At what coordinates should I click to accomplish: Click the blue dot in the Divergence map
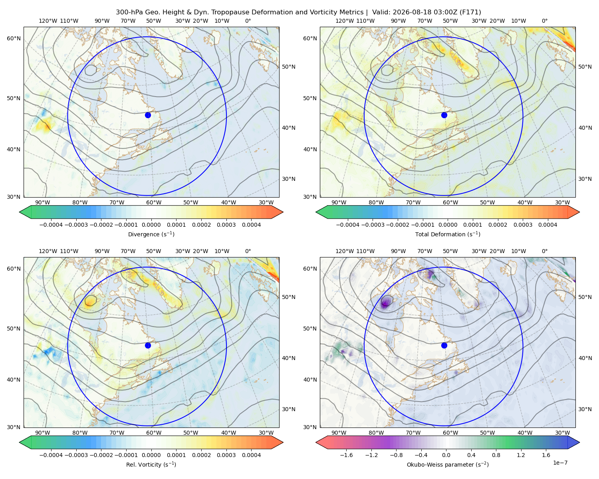148,115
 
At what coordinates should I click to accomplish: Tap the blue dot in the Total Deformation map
444,115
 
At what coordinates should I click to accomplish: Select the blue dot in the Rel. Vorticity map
148,345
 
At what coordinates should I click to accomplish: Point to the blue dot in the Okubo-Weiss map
444,345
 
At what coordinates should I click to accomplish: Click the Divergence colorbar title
151,234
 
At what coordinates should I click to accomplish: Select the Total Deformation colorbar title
448,234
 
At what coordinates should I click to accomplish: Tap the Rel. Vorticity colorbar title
151,464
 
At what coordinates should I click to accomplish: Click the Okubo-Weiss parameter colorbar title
448,464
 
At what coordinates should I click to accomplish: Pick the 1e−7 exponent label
560,463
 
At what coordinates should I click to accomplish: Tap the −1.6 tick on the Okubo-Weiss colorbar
346,455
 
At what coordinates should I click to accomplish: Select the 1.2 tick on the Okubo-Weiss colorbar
521,455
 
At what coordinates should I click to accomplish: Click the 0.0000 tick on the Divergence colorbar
151,225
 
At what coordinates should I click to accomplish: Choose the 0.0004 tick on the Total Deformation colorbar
547,225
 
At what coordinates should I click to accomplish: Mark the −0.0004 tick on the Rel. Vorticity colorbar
51,455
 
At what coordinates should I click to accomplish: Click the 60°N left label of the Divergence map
14,38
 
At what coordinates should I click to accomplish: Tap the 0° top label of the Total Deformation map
544,21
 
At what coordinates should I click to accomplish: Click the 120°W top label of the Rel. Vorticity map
48,251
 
